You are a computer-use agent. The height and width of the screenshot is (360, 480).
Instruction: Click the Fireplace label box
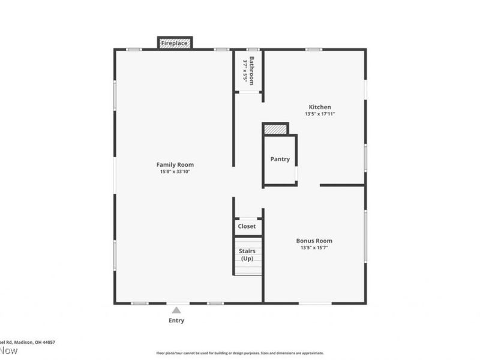click(x=175, y=43)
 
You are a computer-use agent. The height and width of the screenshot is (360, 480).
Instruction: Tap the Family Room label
click(x=175, y=164)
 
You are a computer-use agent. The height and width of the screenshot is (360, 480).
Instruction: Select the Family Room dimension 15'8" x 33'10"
click(x=175, y=172)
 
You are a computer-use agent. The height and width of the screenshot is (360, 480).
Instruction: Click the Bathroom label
click(x=253, y=70)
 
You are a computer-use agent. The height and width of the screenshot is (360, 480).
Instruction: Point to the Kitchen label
click(x=319, y=107)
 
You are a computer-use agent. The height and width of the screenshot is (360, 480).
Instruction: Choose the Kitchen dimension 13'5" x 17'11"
click(x=319, y=113)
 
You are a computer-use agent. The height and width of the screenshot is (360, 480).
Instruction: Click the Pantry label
click(x=280, y=159)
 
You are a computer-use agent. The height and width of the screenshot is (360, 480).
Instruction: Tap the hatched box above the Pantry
click(x=275, y=129)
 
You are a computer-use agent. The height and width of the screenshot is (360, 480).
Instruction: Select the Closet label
click(x=247, y=226)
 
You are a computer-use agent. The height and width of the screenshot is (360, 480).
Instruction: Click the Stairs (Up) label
click(x=247, y=254)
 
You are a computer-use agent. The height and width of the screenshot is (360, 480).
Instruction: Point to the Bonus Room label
click(x=315, y=241)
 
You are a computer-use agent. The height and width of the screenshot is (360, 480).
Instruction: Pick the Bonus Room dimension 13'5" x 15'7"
click(x=315, y=247)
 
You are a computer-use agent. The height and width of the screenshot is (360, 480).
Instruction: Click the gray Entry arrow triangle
click(x=176, y=310)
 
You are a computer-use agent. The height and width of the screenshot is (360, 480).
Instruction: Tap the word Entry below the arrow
click(x=176, y=320)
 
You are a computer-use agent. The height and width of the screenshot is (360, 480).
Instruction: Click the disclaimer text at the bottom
click(x=240, y=353)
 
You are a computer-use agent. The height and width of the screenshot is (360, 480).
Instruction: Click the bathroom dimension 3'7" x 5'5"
click(x=245, y=70)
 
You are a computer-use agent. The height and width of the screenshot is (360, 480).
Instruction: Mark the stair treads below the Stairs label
click(x=248, y=268)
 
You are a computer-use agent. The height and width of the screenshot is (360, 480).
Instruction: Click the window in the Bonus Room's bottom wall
click(x=315, y=303)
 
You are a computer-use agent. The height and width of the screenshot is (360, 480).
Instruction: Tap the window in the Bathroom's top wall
click(x=253, y=49)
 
